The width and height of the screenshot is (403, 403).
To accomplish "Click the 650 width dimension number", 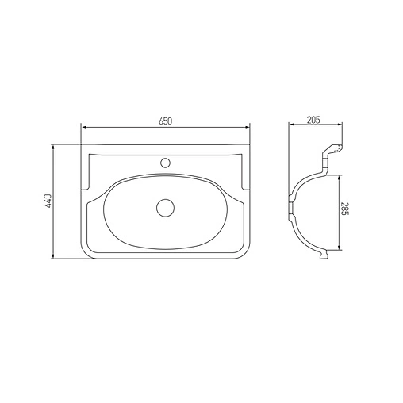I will pos(165,121).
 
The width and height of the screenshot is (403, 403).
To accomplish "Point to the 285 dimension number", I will pos(346,212).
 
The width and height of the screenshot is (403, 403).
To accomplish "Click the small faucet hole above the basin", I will pos(165,163).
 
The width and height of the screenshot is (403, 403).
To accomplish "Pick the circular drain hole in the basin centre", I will pos(165,208).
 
